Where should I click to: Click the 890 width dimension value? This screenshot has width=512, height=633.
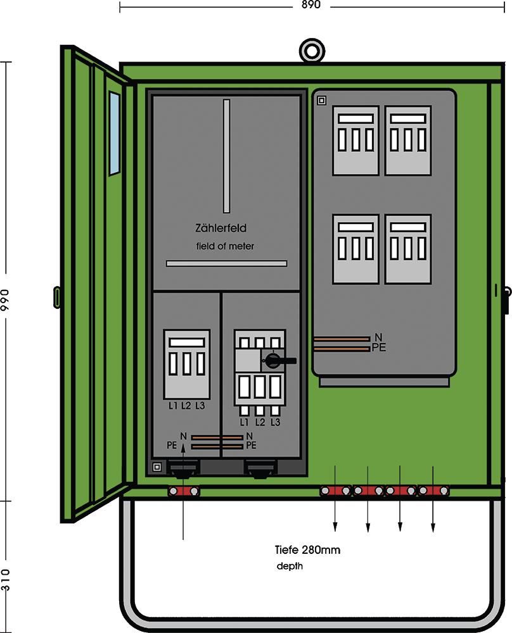tap(311, 5)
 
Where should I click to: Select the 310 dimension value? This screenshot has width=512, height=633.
tap(6, 579)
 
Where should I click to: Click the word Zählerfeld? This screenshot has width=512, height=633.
tap(221, 228)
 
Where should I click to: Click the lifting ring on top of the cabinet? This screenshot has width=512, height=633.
tap(311, 50)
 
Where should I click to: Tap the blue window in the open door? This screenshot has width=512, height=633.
tap(114, 133)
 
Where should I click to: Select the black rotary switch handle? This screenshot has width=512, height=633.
tap(276, 361)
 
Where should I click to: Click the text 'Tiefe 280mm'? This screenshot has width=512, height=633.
tap(307, 550)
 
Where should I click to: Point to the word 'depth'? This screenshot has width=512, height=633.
tap(290, 567)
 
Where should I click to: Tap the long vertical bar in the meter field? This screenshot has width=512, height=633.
tap(227, 156)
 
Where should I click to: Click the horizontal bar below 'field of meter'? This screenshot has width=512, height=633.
tap(226, 263)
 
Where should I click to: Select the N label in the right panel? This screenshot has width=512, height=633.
tap(378, 337)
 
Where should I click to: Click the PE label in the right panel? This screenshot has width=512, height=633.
tap(380, 348)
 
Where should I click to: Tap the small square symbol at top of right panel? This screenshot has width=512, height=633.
tap(321, 100)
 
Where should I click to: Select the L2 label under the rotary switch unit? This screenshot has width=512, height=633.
tap(260, 422)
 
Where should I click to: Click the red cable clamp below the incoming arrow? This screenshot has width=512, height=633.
tap(183, 491)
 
